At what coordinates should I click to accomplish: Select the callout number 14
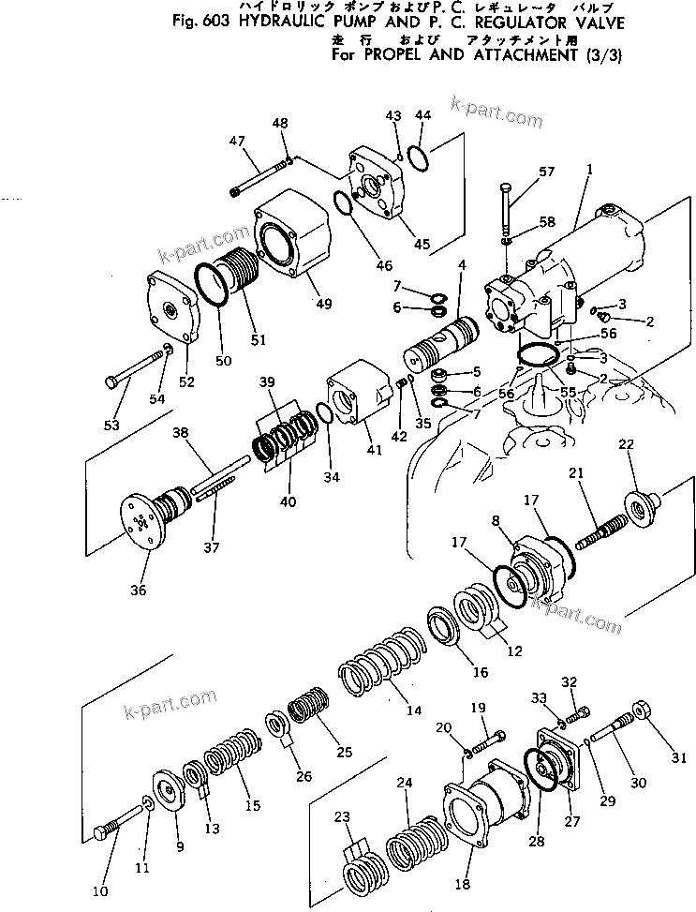click(413, 710)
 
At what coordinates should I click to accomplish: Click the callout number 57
click(547, 172)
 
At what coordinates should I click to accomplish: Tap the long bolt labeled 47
click(259, 177)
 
